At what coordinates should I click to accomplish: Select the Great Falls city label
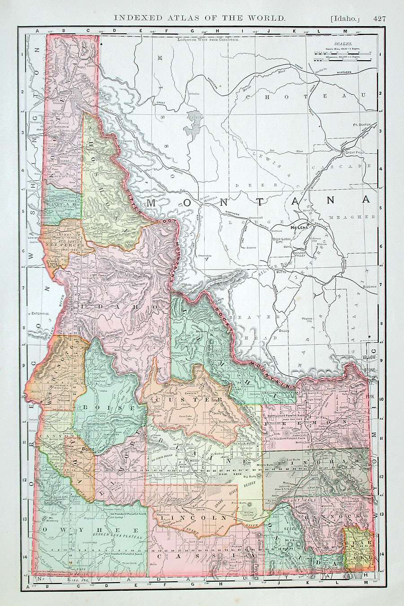point(358,153)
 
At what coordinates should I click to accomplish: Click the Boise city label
point(87,448)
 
